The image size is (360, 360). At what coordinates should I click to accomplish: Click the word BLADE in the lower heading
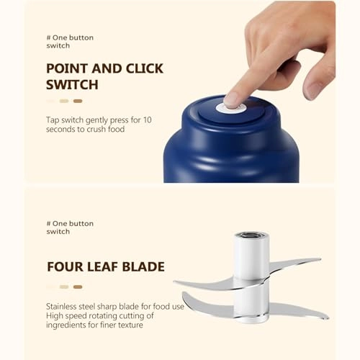click(143, 267)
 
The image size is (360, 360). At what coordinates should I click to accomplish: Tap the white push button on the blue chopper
click(233, 105)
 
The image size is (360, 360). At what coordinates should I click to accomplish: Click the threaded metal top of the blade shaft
click(251, 236)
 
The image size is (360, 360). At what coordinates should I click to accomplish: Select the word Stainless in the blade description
click(62, 306)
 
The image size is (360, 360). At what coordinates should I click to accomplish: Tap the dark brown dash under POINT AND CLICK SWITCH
click(78, 102)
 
